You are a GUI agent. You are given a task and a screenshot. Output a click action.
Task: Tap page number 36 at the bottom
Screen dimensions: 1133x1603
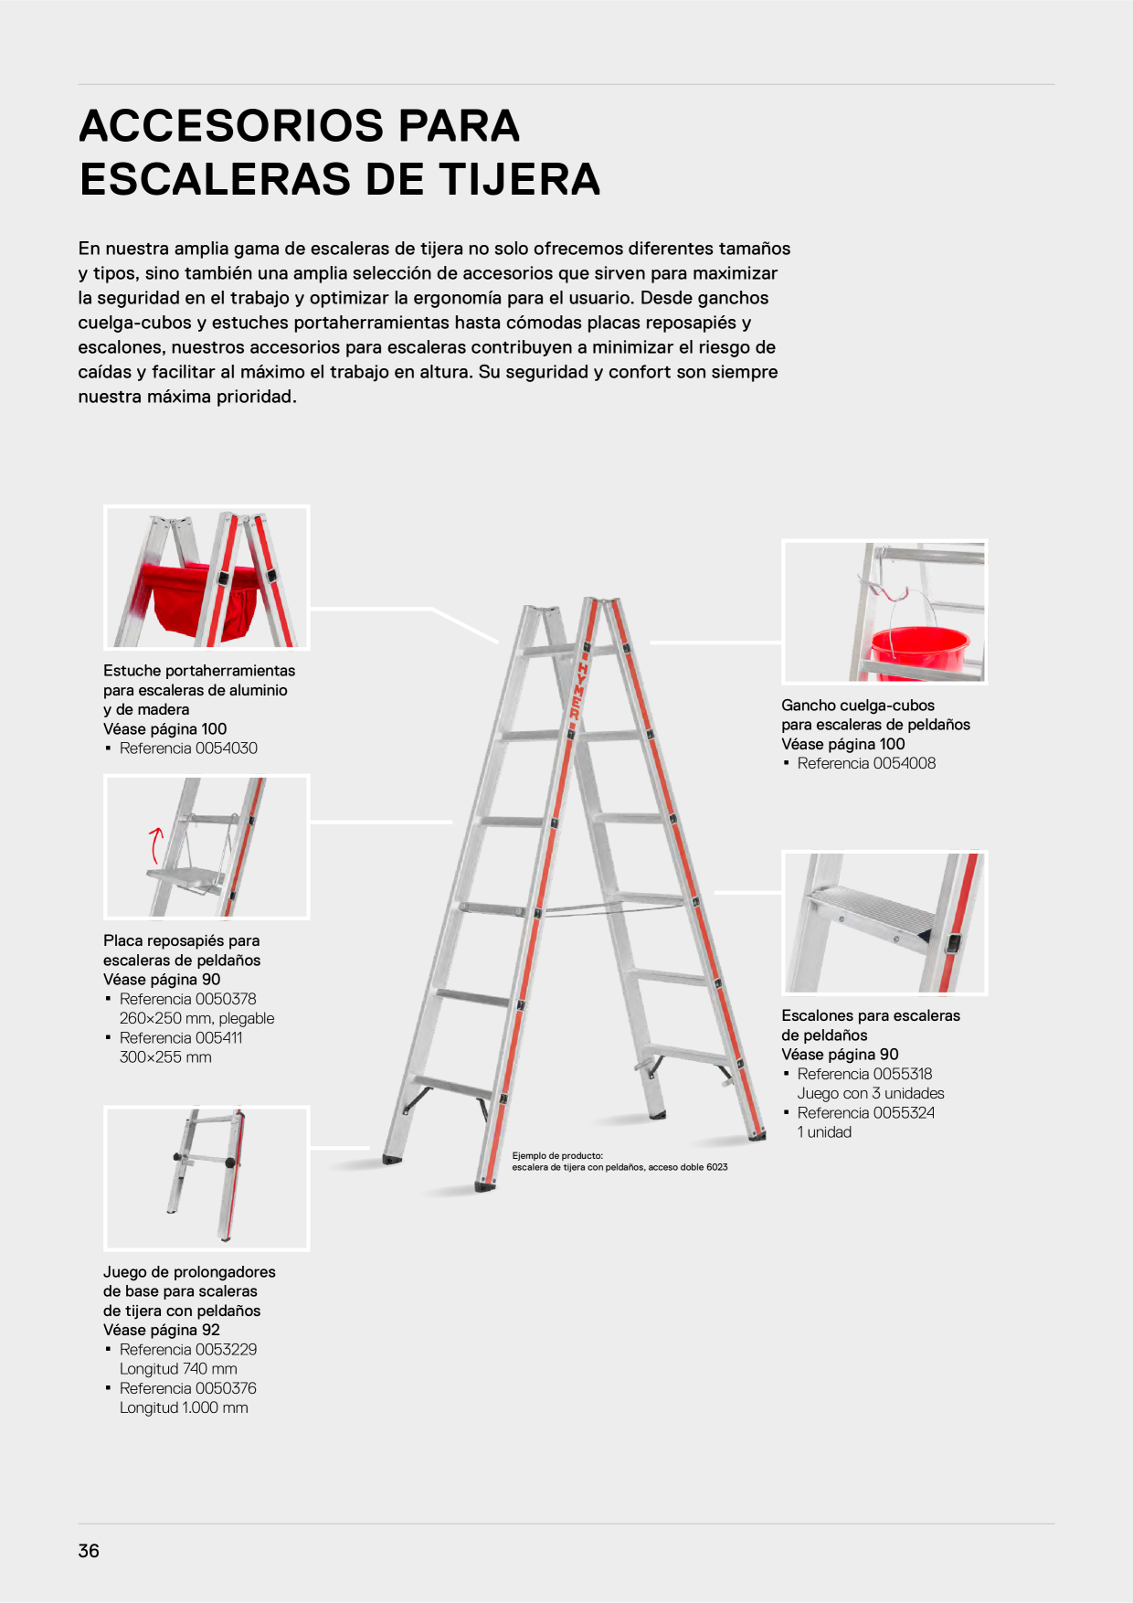89,1551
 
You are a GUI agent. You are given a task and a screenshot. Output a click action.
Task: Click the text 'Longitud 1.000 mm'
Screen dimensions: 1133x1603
184,1408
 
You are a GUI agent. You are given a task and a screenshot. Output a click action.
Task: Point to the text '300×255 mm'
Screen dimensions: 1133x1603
165,1057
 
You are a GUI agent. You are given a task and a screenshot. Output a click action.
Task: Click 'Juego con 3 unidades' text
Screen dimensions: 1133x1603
871,1094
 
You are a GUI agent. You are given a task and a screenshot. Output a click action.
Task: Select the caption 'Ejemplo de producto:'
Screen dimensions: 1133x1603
557,1156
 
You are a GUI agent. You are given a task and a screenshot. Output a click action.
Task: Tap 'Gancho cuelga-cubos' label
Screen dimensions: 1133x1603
858,706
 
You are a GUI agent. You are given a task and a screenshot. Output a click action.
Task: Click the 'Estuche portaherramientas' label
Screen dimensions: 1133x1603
199,671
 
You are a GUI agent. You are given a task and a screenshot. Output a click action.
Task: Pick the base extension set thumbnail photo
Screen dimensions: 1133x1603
206,1178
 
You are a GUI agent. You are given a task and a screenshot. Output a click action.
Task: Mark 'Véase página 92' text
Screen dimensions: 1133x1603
162,1331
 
